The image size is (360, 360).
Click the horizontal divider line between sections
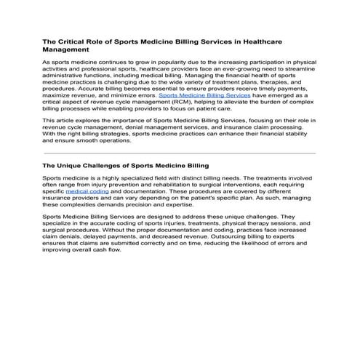pos(180,153)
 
